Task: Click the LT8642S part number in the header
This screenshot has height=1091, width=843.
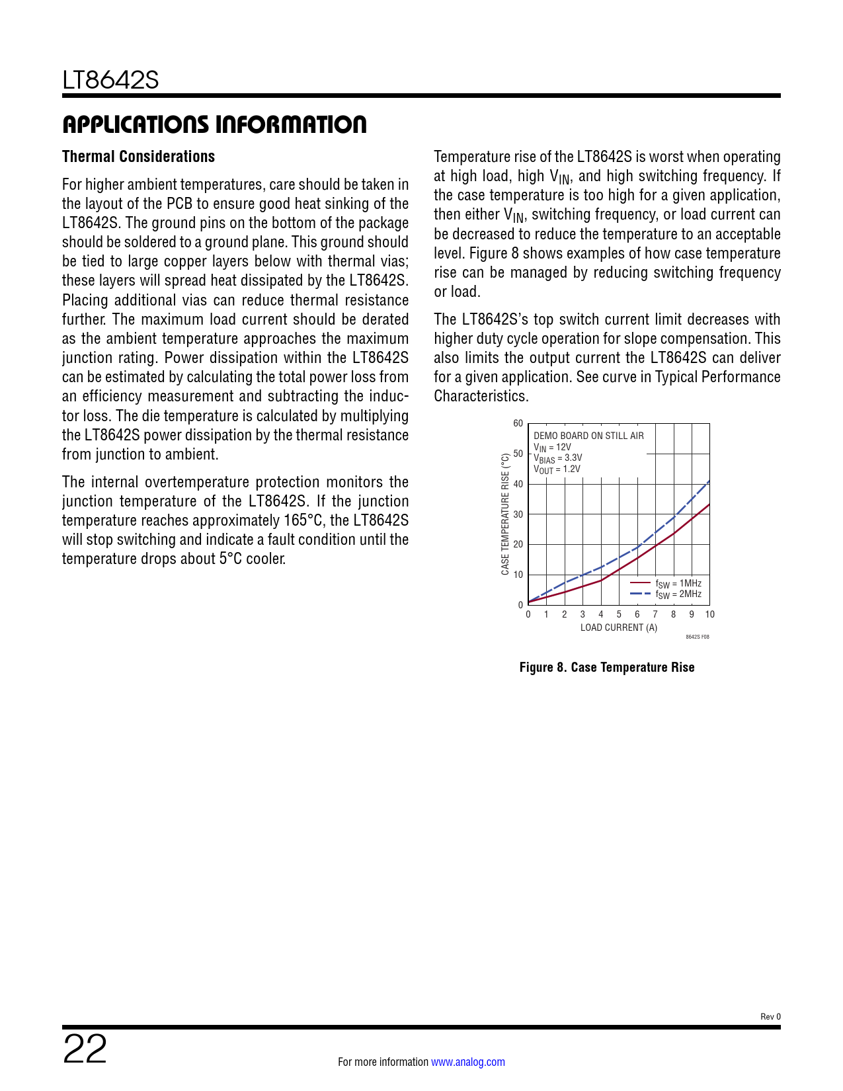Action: (x=110, y=81)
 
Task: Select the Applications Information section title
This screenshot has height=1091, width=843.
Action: (x=214, y=124)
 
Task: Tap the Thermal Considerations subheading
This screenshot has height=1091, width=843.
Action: (x=138, y=157)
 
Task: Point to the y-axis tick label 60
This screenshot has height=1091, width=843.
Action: (x=518, y=423)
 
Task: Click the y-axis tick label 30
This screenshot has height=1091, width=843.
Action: (x=518, y=514)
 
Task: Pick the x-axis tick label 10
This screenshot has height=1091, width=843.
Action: (x=709, y=614)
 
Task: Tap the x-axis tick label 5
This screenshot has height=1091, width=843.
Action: (x=619, y=614)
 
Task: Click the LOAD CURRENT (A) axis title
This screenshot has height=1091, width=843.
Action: (x=618, y=627)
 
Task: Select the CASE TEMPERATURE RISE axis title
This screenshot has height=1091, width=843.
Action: (x=506, y=514)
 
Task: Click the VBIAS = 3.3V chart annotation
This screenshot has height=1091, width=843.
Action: (x=557, y=458)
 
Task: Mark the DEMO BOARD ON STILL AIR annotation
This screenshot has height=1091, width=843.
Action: (x=588, y=436)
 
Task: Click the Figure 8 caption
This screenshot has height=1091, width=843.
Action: (x=606, y=667)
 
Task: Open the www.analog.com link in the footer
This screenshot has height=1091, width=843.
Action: (x=467, y=1062)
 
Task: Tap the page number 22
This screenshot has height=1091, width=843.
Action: (x=85, y=1049)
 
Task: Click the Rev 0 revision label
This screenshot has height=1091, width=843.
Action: (x=770, y=1016)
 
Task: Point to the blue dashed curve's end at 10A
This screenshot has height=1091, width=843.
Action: (x=709, y=481)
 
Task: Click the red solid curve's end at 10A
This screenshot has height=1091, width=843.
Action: (x=709, y=505)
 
